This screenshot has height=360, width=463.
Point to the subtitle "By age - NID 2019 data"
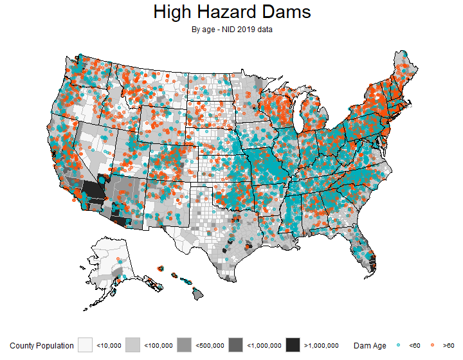(x=232, y=29)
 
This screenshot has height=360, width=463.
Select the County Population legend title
(x=42, y=346)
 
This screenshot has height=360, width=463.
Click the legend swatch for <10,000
(x=86, y=345)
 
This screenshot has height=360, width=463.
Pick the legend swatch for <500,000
(x=184, y=345)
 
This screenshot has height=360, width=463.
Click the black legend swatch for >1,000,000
(x=293, y=345)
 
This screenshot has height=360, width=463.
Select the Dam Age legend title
(x=370, y=346)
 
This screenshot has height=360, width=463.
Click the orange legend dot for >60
(x=431, y=346)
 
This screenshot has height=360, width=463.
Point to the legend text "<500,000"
(x=208, y=346)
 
